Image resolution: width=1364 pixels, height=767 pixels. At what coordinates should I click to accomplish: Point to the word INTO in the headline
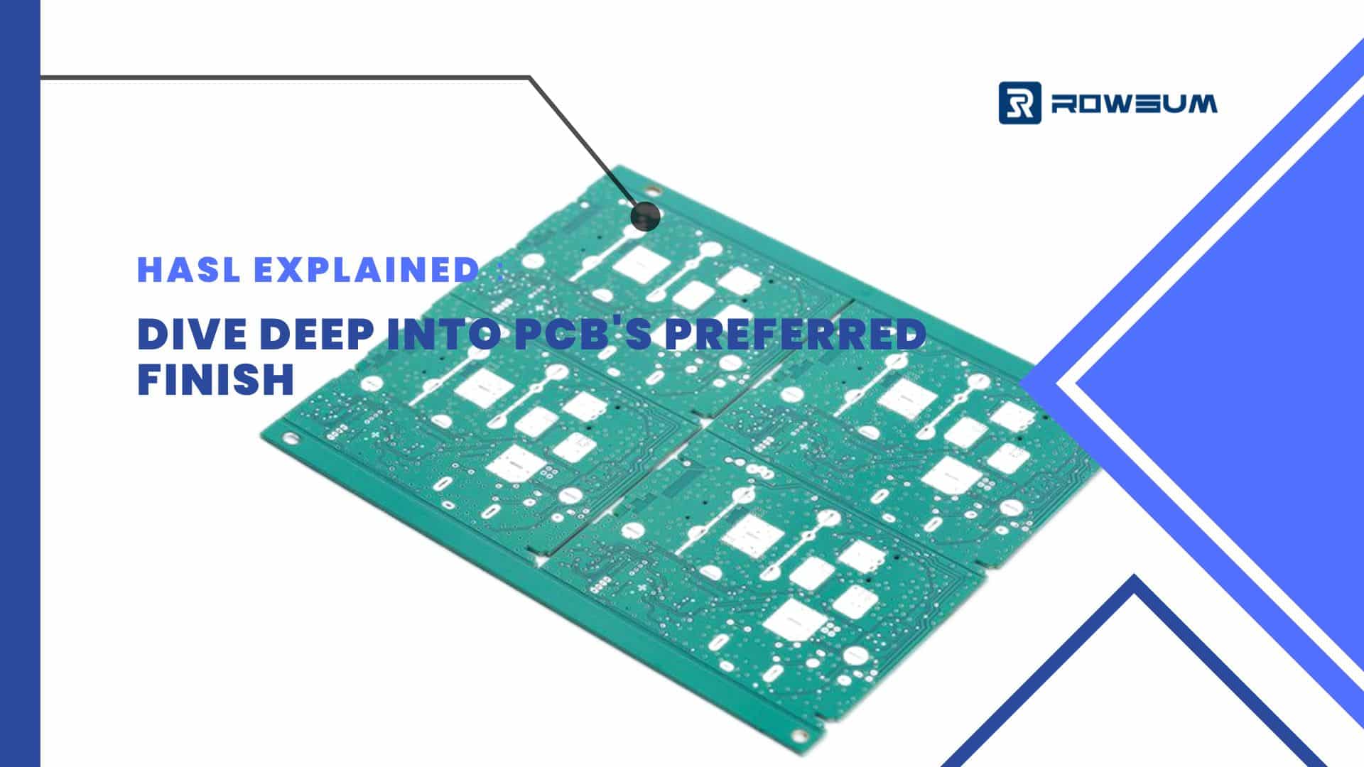(x=445, y=334)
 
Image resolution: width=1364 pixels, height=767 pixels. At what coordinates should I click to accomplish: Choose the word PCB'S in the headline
(x=583, y=334)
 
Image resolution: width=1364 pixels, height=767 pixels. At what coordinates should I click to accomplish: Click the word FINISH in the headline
(x=215, y=379)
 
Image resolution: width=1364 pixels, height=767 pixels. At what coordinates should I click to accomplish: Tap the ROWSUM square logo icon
(x=1020, y=103)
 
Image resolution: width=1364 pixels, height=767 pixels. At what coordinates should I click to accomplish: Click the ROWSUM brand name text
(x=1134, y=104)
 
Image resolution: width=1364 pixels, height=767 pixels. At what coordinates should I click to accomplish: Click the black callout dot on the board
(x=645, y=215)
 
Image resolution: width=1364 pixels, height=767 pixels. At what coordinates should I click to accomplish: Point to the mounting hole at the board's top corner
(x=652, y=190)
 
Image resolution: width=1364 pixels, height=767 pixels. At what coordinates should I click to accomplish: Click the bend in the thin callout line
(x=530, y=77)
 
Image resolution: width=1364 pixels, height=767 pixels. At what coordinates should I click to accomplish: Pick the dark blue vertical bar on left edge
(x=20, y=383)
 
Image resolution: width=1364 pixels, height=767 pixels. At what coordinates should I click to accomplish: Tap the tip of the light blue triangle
(x=1020, y=384)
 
